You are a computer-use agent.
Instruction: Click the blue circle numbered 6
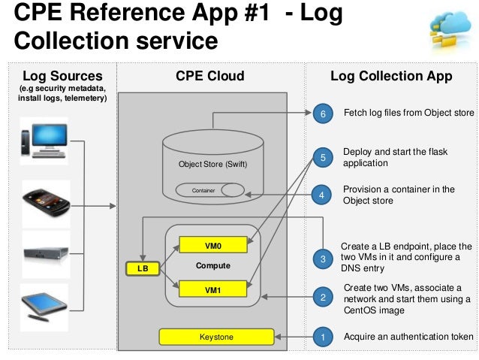coord(323,113)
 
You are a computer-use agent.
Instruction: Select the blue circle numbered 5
coord(323,158)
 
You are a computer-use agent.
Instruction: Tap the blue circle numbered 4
coord(321,195)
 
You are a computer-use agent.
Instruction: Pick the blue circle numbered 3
coord(323,259)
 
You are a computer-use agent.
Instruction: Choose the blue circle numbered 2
coord(323,297)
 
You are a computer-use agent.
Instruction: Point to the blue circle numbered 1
coord(323,337)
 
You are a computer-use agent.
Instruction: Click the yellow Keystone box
coord(216,337)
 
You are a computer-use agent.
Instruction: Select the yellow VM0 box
coord(213,245)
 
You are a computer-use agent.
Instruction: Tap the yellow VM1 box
coord(212,289)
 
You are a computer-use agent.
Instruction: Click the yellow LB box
coord(143,268)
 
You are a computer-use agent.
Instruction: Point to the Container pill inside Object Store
coord(210,190)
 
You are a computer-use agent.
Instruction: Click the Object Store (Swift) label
coord(213,165)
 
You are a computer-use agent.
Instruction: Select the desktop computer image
coord(44,141)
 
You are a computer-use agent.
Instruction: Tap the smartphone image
coord(46,204)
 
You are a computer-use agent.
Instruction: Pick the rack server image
coord(46,254)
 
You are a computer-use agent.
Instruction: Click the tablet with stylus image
coord(44,307)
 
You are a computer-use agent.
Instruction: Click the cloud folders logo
coord(450,31)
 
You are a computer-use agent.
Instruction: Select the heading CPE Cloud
coord(210,76)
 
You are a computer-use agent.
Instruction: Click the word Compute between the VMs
coord(213,265)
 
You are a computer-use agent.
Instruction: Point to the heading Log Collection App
coord(391,76)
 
